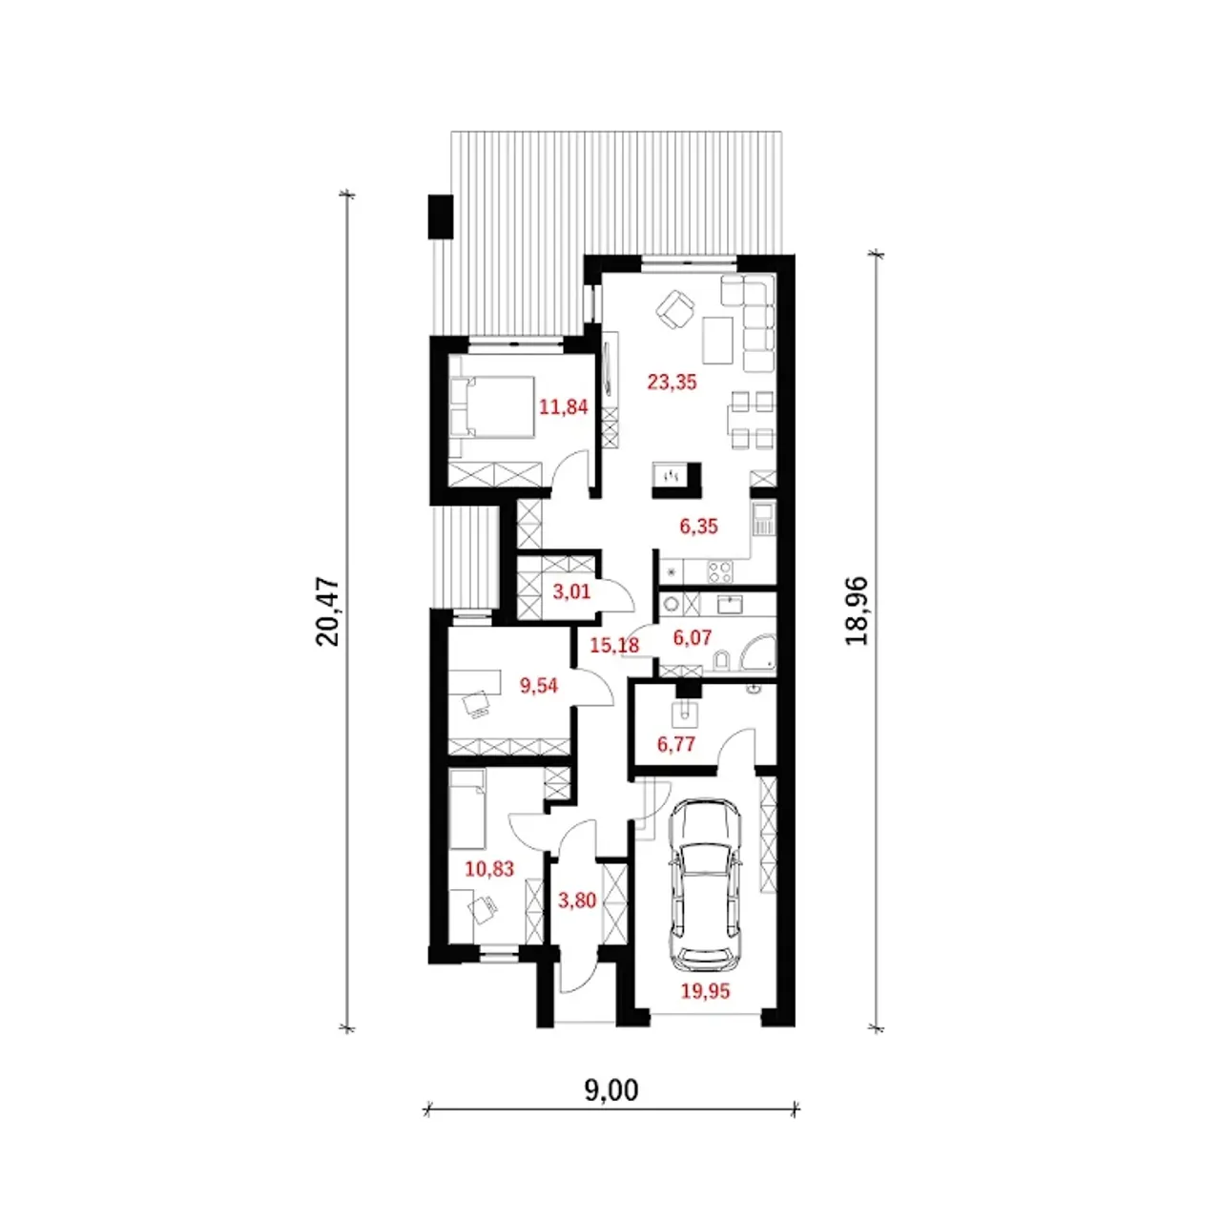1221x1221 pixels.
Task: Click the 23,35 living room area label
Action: point(672,383)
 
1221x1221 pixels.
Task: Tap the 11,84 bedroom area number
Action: point(564,406)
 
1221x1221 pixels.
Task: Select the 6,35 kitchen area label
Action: point(699,526)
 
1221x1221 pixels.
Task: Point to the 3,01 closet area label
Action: point(571,591)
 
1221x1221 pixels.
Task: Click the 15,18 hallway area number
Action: point(614,645)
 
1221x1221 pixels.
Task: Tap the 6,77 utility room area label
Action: point(676,744)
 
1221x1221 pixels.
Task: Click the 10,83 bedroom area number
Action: point(489,868)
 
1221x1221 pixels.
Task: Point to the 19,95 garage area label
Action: point(705,990)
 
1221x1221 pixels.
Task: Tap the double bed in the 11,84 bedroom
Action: point(491,406)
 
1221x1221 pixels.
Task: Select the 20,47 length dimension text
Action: point(327,611)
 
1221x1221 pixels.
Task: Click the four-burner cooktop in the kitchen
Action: point(720,571)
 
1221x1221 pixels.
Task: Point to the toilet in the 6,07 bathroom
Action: point(722,659)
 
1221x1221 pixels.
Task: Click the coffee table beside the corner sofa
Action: point(718,341)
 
